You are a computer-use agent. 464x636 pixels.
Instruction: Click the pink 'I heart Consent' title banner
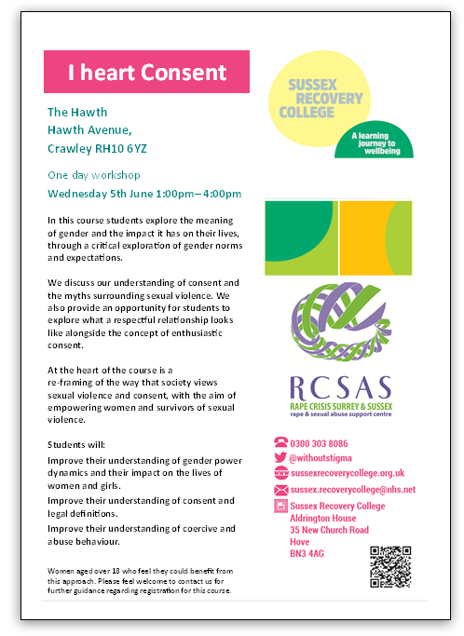(147, 72)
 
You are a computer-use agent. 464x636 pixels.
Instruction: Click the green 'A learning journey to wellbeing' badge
(379, 141)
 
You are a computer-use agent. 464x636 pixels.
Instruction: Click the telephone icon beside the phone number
(280, 443)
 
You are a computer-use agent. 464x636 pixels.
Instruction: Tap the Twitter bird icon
(280, 458)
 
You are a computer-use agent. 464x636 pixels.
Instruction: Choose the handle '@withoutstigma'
(325, 458)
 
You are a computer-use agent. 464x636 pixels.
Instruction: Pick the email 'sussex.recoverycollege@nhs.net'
(352, 489)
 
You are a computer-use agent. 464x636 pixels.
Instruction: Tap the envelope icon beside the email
(280, 489)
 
